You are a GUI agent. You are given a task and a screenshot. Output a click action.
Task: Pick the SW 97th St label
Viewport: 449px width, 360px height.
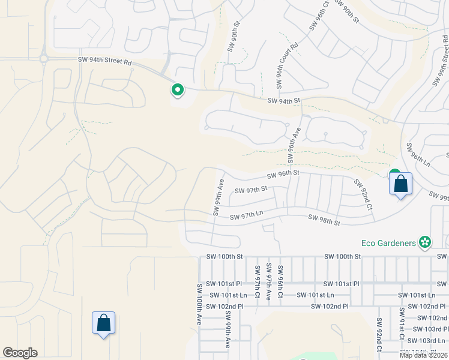250,190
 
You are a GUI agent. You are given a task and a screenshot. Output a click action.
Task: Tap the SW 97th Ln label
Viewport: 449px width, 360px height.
247,215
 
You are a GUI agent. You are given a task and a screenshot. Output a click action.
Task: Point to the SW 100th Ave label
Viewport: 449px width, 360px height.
199,305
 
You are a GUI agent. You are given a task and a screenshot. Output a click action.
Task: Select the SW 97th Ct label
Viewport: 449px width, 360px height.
258,280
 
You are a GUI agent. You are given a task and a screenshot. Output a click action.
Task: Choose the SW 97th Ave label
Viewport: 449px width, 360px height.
269,281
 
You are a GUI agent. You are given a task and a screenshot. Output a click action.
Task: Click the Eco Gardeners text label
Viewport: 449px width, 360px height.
388,243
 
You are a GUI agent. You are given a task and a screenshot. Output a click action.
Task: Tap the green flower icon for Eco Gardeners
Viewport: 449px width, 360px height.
425,242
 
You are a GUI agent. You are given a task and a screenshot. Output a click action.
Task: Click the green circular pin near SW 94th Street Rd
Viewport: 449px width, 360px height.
178,91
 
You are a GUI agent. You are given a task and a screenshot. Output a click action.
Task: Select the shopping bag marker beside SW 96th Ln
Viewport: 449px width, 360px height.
401,184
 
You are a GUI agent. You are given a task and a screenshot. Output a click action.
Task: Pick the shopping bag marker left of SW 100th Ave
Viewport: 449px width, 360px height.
103,323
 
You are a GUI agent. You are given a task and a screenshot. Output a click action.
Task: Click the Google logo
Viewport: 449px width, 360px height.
20,353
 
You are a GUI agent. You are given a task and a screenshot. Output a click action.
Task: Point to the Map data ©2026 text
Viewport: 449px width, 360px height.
423,355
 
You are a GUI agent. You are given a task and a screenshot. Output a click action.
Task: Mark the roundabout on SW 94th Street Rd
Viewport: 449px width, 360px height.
43,59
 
